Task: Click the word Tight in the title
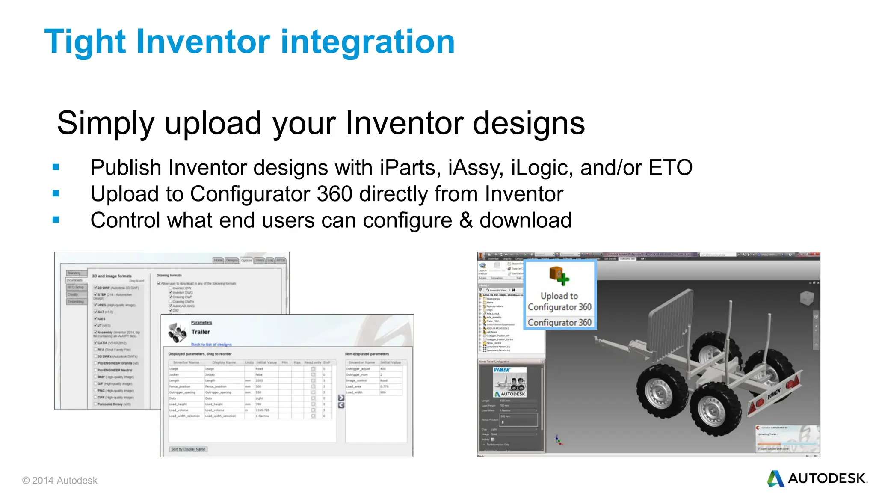point(85,42)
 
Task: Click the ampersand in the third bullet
point(466,220)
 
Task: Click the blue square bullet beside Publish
point(56,167)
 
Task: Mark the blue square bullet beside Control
point(56,220)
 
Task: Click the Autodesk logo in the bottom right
point(817,478)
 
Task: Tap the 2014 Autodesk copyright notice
point(60,481)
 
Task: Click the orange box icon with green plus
point(559,276)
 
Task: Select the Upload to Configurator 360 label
point(559,301)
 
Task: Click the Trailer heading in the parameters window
point(201,332)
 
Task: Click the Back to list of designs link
point(211,344)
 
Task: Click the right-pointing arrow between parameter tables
point(341,398)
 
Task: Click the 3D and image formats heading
point(112,276)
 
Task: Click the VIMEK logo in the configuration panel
point(502,370)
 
